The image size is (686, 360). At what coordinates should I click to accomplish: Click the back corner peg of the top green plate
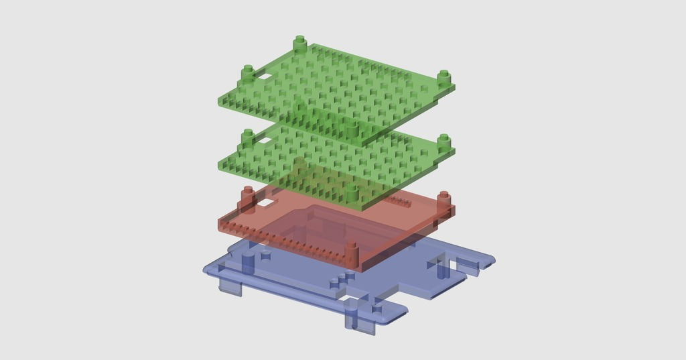click(299, 44)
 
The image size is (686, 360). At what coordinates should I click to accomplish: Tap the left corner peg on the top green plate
click(248, 72)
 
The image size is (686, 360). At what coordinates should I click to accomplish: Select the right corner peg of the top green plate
click(443, 76)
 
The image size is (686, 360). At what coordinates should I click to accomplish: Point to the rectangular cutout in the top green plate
click(266, 77)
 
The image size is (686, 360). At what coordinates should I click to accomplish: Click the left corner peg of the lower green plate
click(248, 137)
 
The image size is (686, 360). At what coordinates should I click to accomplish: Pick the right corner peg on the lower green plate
click(443, 141)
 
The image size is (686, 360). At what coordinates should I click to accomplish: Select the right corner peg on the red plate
click(443, 199)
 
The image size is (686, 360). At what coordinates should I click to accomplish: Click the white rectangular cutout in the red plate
click(269, 200)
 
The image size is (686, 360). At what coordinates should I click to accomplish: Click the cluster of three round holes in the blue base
click(342, 278)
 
